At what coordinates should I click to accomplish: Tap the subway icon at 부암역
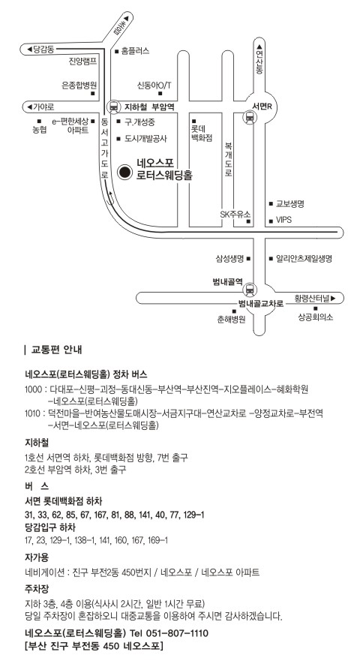click(113, 107)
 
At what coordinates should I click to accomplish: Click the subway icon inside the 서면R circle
click(250, 116)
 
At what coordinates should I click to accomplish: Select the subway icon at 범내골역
click(250, 290)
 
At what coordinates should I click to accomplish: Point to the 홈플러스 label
click(135, 51)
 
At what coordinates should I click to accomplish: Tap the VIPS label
click(283, 220)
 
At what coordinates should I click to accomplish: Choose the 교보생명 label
click(290, 204)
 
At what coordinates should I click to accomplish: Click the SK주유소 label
click(235, 215)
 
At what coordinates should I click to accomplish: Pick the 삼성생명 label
click(229, 258)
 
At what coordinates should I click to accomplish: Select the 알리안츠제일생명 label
click(304, 258)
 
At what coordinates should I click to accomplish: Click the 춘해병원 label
click(231, 320)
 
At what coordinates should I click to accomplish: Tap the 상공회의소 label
click(316, 317)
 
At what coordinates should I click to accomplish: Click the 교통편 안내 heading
click(57, 350)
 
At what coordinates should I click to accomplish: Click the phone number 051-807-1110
click(177, 633)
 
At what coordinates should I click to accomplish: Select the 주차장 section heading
click(37, 588)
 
